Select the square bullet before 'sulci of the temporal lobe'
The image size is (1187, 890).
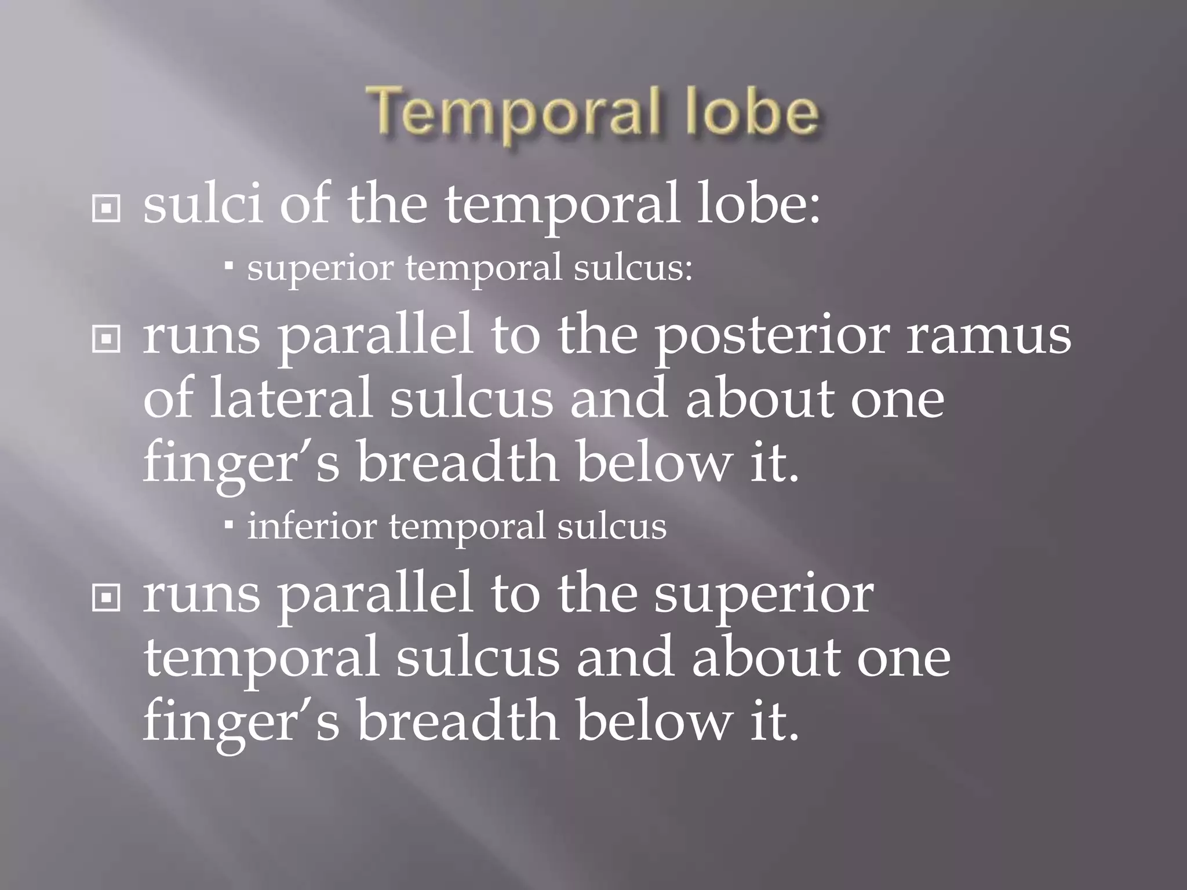point(106,209)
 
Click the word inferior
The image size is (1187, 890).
point(312,526)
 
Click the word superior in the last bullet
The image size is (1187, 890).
point(764,596)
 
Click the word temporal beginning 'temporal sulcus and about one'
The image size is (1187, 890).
point(261,658)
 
